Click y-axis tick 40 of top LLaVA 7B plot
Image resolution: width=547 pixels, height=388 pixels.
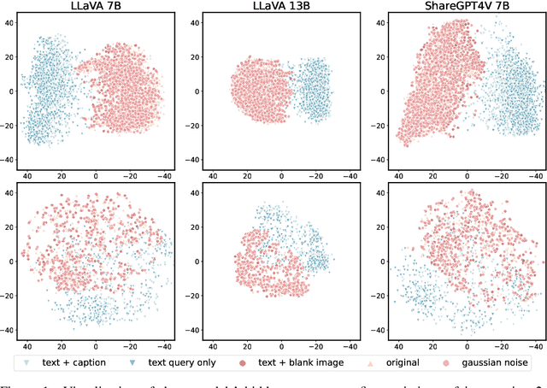click(9, 22)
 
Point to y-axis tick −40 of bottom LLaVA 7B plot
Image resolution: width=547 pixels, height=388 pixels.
click(7, 331)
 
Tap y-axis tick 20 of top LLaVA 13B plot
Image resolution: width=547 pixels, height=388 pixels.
click(194, 56)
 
